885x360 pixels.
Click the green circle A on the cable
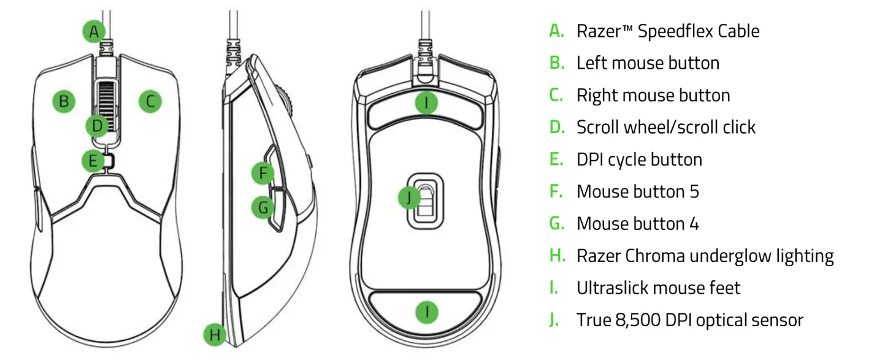[93, 31]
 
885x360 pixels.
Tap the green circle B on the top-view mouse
[63, 101]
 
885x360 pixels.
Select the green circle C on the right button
[150, 101]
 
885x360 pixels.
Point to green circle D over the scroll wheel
[97, 126]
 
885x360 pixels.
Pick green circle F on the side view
[263, 174]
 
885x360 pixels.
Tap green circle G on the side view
[263, 207]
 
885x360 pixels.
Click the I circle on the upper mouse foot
[427, 102]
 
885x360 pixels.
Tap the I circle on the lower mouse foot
[427, 312]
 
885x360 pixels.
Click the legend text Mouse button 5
[637, 191]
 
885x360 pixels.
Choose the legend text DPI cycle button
[639, 159]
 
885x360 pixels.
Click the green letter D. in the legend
[557, 127]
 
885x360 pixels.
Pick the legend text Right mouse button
[653, 96]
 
